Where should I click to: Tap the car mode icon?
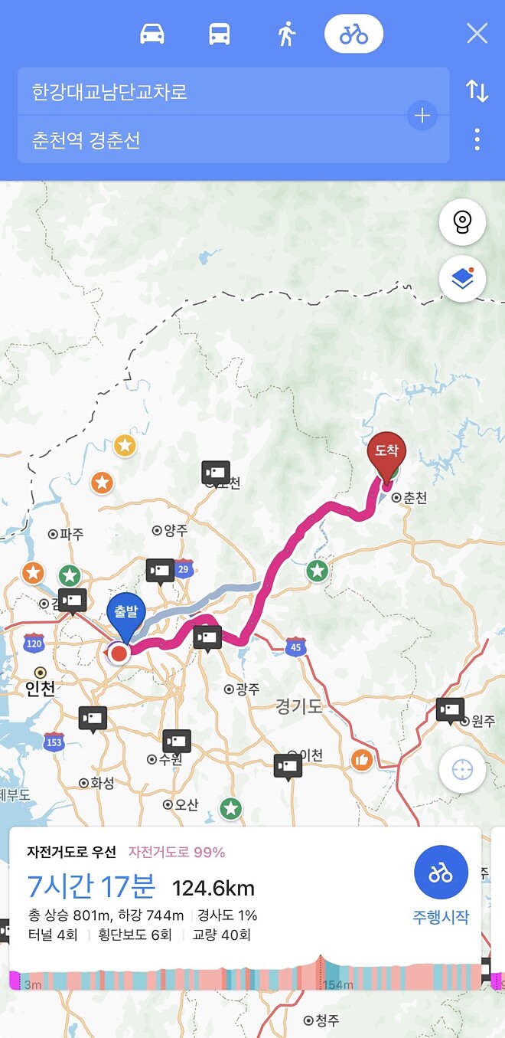(152, 34)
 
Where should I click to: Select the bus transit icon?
(219, 34)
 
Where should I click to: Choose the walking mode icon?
(286, 34)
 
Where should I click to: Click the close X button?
(477, 34)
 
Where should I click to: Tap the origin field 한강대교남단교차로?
(214, 92)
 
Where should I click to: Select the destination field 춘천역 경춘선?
(214, 140)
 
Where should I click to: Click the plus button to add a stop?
(422, 116)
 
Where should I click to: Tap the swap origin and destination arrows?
(477, 91)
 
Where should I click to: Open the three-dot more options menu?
(477, 139)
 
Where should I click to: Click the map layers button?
(462, 279)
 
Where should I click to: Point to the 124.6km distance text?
(213, 889)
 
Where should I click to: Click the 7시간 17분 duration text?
(91, 887)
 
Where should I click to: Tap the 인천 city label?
(41, 689)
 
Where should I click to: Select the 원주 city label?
(482, 721)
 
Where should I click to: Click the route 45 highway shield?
(295, 647)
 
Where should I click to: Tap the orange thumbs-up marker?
(362, 760)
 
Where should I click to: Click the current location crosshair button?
(462, 769)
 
